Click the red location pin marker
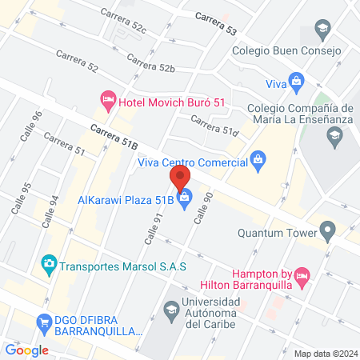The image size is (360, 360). [x=180, y=177]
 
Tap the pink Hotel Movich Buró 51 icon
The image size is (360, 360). [x=108, y=100]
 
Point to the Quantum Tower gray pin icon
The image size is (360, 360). [x=326, y=233]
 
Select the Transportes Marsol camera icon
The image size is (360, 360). [x=48, y=263]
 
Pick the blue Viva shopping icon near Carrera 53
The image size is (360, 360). [x=296, y=81]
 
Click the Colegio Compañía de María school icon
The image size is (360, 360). [x=334, y=138]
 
